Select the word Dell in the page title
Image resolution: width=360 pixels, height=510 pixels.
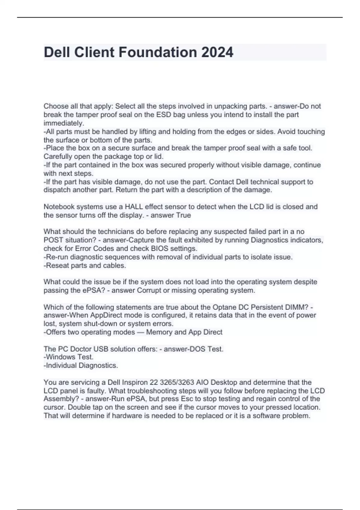(x=57, y=52)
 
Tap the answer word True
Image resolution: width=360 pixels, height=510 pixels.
(x=184, y=215)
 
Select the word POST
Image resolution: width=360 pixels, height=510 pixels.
(x=53, y=240)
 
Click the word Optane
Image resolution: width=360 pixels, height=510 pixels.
(x=224, y=307)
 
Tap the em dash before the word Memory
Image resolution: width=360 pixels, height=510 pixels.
(x=140, y=332)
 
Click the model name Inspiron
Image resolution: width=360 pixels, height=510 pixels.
(x=135, y=382)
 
